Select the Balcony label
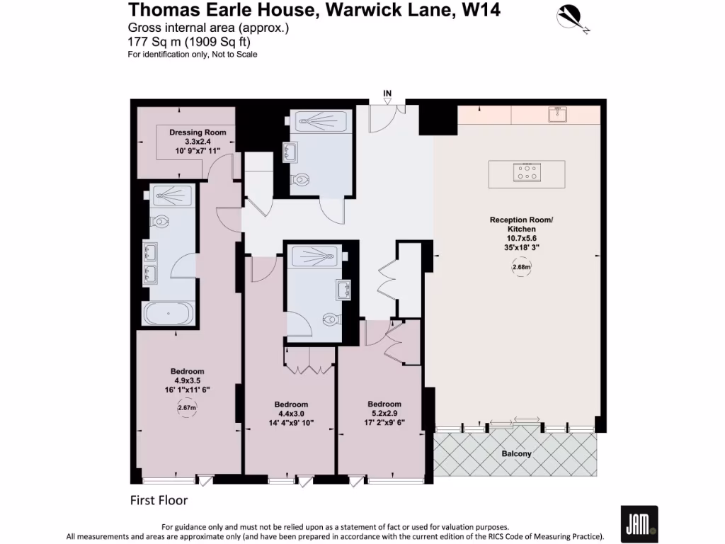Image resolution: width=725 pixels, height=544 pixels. point(516,453)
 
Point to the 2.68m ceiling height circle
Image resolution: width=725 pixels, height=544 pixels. point(521,268)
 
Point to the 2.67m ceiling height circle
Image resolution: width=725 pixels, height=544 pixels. point(186,408)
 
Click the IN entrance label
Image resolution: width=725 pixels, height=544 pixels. point(387,93)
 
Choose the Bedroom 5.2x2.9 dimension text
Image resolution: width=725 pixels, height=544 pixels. point(384,413)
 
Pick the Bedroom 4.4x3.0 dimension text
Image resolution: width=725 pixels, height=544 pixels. point(291,414)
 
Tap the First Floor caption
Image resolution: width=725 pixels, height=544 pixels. point(159,500)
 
